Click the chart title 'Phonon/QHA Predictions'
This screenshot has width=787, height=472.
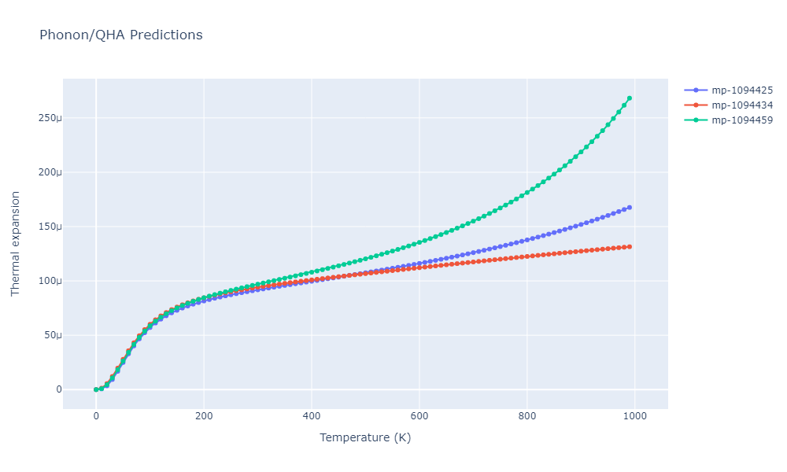[x=120, y=35]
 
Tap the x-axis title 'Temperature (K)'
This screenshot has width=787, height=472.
[x=365, y=437]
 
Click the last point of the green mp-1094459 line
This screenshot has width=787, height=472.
[x=630, y=98]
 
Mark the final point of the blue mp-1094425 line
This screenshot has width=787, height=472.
[x=630, y=208]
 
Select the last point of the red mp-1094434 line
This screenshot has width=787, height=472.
[x=630, y=247]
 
